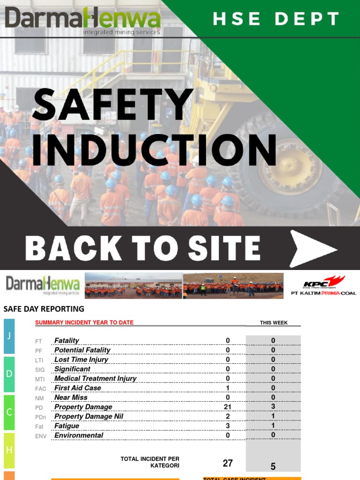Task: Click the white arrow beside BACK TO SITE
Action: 312,248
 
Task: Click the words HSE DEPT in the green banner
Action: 276,19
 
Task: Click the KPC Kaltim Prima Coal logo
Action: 323,285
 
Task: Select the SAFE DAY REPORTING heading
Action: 44,309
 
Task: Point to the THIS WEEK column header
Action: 274,322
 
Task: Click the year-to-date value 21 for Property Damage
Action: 228,407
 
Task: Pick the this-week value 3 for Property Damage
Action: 273,406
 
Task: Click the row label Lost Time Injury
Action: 81,360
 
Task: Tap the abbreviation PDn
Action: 40,417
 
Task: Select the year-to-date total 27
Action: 228,463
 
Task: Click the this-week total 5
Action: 273,466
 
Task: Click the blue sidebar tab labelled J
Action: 9,336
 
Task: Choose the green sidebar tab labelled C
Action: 9,412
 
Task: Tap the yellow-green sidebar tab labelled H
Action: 9,450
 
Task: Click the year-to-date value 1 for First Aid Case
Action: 228,388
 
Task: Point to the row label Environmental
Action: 79,435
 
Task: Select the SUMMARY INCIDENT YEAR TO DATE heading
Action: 84,322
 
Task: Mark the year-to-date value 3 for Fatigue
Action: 228,426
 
